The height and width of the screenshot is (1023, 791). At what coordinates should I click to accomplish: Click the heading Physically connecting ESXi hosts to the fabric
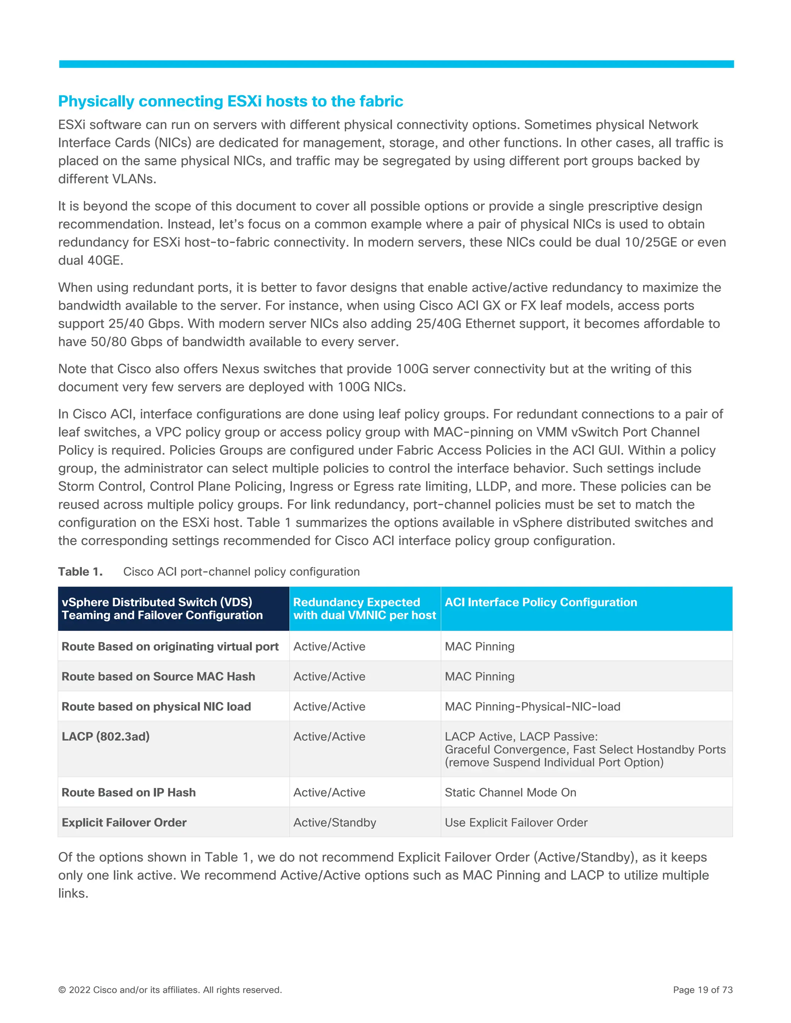[230, 101]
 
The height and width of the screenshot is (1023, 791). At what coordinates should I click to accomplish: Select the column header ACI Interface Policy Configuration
[540, 602]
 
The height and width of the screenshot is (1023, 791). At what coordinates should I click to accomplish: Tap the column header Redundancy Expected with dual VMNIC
[364, 608]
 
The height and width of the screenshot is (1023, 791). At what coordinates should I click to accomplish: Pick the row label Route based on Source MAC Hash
[158, 676]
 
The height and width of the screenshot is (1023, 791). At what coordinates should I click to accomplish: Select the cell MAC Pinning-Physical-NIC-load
[532, 706]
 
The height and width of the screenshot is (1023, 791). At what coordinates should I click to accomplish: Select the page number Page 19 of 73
[703, 990]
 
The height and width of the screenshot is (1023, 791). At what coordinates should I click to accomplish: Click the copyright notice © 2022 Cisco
[170, 990]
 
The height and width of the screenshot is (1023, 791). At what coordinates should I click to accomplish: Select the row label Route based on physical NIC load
[156, 706]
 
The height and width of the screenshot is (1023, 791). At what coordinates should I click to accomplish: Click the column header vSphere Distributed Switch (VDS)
[156, 602]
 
